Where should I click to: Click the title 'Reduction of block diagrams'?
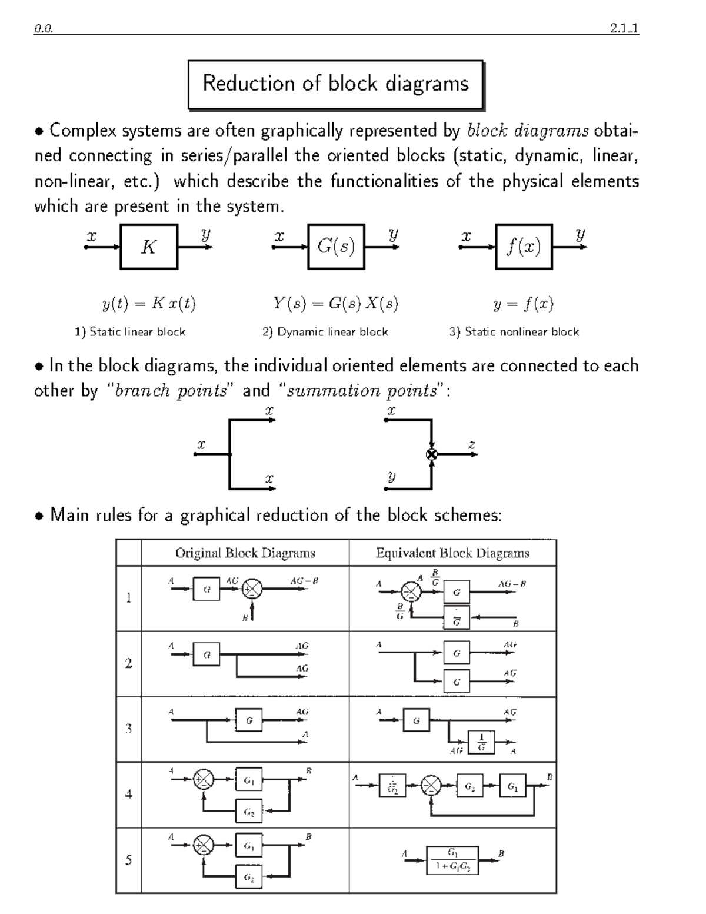tap(335, 84)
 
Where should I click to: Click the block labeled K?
tap(149, 247)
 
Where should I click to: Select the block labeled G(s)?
tap(336, 247)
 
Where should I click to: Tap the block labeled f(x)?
tap(524, 247)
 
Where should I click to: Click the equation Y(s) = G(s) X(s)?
tap(335, 304)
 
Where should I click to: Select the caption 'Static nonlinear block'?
tap(514, 332)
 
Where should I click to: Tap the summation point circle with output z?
tap(432, 454)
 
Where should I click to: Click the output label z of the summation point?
tap(471, 445)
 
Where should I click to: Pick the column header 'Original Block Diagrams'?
tap(245, 553)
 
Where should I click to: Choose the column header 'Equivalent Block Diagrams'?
tap(452, 553)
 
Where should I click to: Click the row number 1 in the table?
tap(128, 598)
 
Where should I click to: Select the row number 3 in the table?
tap(128, 729)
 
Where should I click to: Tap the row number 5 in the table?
tap(128, 860)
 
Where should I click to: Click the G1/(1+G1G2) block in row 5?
tap(452, 860)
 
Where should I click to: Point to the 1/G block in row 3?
tap(481, 742)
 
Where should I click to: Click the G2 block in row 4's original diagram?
tap(249, 812)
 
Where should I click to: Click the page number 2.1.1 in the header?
tap(624, 28)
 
